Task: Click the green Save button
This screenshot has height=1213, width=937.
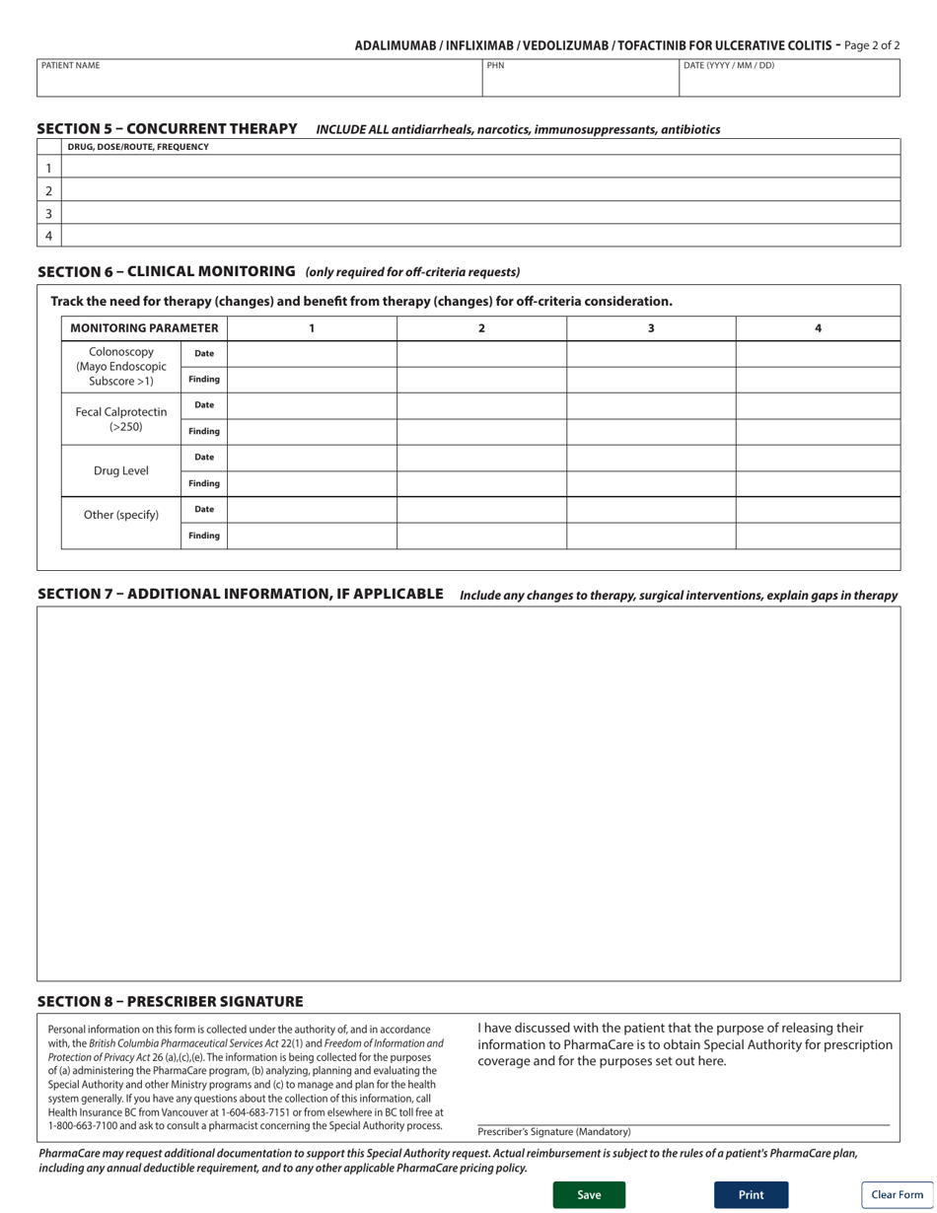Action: pyautogui.click(x=589, y=1194)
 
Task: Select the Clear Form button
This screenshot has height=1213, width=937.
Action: pyautogui.click(x=897, y=1194)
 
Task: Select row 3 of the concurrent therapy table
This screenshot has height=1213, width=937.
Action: pyautogui.click(x=480, y=213)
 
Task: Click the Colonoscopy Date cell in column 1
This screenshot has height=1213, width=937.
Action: pyautogui.click(x=312, y=354)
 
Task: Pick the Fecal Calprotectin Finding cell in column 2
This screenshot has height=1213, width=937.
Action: pyautogui.click(x=481, y=432)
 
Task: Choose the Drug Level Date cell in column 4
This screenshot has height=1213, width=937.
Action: pyautogui.click(x=818, y=458)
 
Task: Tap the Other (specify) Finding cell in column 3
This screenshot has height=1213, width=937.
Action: pyautogui.click(x=651, y=535)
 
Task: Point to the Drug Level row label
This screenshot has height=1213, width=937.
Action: pyautogui.click(x=121, y=471)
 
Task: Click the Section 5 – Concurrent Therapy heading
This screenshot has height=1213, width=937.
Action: pyautogui.click(x=167, y=129)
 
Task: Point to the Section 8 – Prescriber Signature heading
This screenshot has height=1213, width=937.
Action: pyautogui.click(x=170, y=1002)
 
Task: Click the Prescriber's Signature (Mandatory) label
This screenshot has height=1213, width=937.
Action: pyautogui.click(x=554, y=1132)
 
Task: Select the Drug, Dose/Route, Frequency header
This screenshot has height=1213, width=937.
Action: pyautogui.click(x=138, y=147)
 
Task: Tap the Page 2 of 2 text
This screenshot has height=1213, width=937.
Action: pyautogui.click(x=872, y=45)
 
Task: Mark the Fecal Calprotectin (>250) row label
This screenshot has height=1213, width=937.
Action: pyautogui.click(x=121, y=419)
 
